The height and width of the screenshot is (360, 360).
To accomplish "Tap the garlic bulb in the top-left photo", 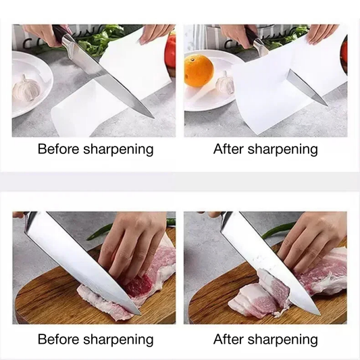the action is (26, 88).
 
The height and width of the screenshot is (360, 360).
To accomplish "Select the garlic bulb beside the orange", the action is (225, 82).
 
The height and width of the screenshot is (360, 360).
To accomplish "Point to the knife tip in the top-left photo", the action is (153, 118).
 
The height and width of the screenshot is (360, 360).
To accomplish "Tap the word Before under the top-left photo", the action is (58, 149).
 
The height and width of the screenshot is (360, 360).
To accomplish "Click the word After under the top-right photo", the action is (228, 149).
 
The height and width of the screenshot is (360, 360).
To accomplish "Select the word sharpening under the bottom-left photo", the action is (118, 340).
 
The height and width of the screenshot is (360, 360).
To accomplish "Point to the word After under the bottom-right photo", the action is (228, 339).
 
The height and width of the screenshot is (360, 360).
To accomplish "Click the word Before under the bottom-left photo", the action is (58, 339).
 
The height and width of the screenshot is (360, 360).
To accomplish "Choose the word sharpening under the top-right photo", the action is (282, 150).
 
